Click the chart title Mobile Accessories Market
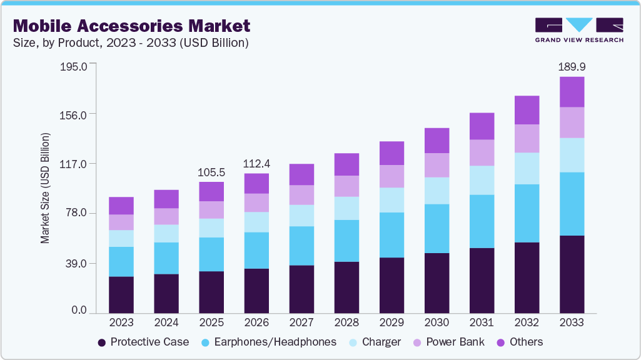tap(131, 26)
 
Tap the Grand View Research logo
tap(579, 30)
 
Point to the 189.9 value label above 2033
tap(572, 67)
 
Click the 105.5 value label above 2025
tap(211, 172)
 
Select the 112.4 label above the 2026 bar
tap(256, 164)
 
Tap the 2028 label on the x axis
tap(346, 323)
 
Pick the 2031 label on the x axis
tap(482, 323)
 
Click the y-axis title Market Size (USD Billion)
tap(45, 188)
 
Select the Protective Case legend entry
tap(143, 342)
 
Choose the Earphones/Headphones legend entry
tap(269, 342)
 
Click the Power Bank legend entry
tap(447, 342)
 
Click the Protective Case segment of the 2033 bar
tap(572, 274)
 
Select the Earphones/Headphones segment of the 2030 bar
tap(437, 229)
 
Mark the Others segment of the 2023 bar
tap(121, 206)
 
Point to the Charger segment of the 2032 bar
tap(527, 169)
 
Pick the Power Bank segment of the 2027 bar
tap(301, 195)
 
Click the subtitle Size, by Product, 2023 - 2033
tap(131, 43)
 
